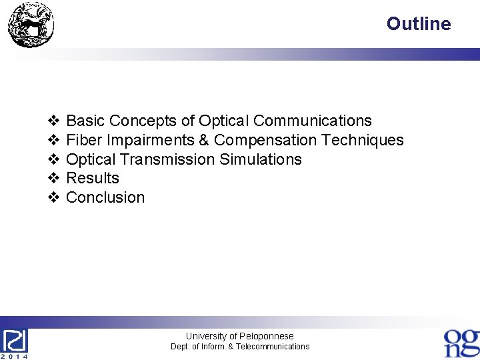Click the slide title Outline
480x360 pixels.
click(x=418, y=24)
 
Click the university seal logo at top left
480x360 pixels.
click(x=31, y=25)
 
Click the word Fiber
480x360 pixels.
click(x=83, y=140)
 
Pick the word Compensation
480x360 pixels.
click(x=265, y=140)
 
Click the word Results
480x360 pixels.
click(x=93, y=178)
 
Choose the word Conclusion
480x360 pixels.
click(x=105, y=197)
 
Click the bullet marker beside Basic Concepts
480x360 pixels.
click(x=54, y=121)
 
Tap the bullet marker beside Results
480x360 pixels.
click(x=54, y=178)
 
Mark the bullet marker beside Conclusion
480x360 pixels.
click(x=54, y=197)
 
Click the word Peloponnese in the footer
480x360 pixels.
click(x=266, y=336)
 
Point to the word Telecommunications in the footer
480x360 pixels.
click(x=273, y=347)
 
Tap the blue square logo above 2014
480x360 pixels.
click(x=15, y=341)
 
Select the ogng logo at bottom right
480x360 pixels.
click(x=461, y=343)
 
